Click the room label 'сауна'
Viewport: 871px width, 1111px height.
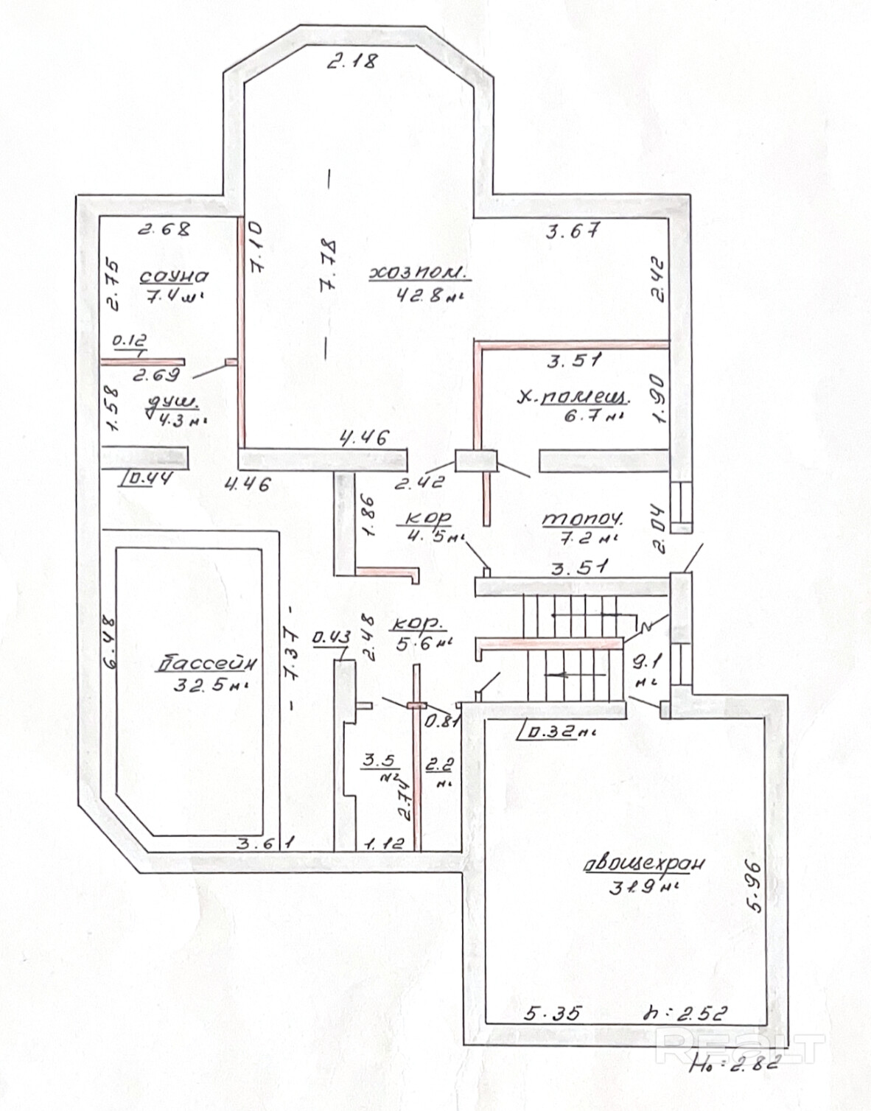(174, 276)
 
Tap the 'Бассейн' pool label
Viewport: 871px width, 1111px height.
(207, 664)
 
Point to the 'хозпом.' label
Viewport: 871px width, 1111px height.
(420, 274)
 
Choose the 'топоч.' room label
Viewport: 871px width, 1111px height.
(583, 518)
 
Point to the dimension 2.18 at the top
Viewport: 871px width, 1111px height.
(352, 61)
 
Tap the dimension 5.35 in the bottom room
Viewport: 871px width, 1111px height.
(553, 1014)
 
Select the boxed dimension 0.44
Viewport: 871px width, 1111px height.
(150, 480)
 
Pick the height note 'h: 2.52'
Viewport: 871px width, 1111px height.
(685, 1013)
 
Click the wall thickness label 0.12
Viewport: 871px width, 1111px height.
(128, 343)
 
